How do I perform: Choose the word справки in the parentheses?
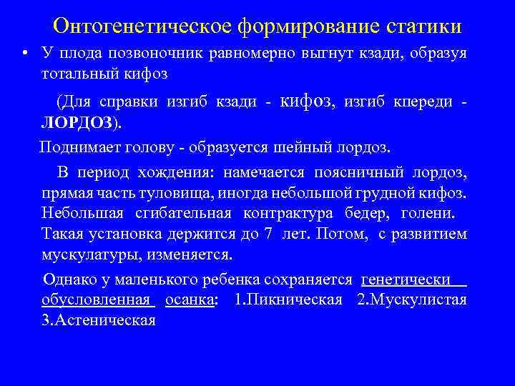[x=125, y=102]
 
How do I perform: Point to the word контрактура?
[x=280, y=213]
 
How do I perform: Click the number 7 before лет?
[x=269, y=234]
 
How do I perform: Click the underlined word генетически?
[x=406, y=279]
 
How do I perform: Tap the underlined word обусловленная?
[x=98, y=300]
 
